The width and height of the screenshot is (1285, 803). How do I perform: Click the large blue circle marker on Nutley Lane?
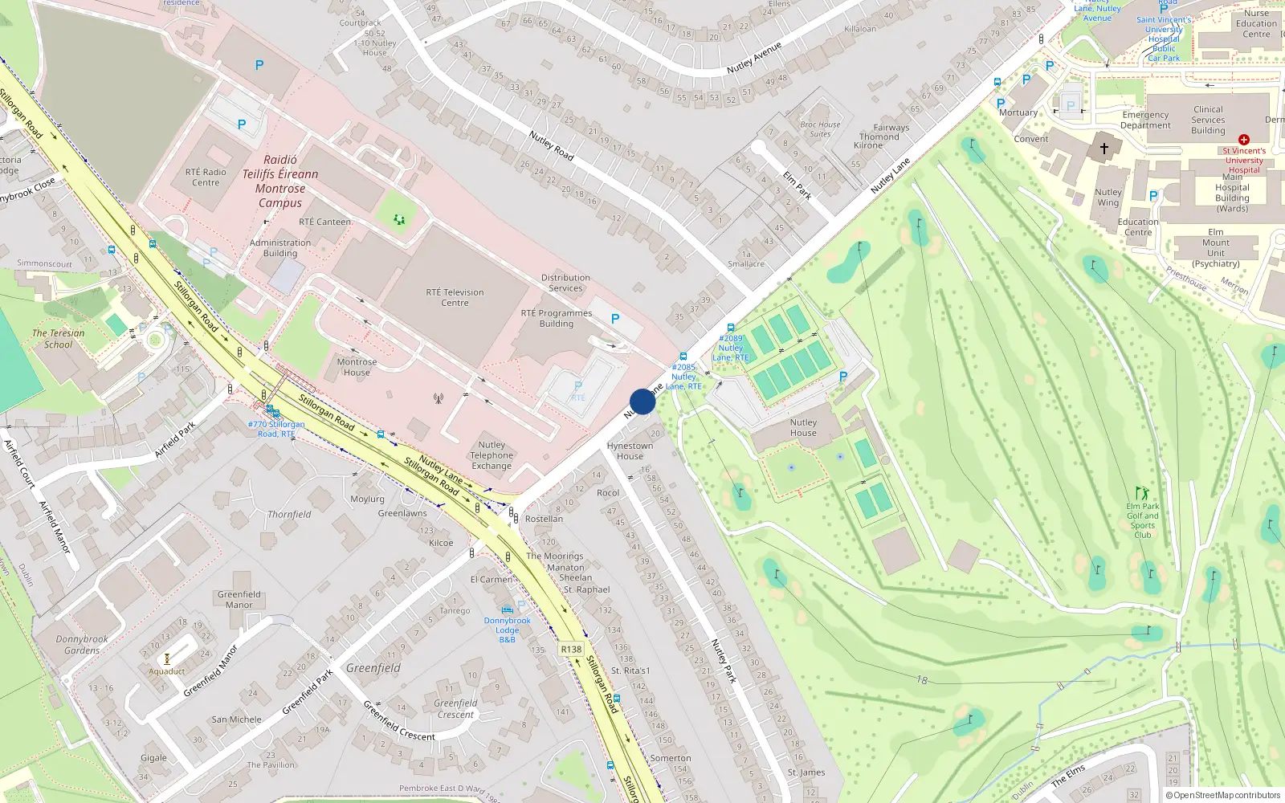coord(642,401)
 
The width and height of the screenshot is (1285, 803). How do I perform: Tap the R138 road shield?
coord(571,650)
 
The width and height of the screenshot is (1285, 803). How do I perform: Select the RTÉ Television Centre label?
coord(455,297)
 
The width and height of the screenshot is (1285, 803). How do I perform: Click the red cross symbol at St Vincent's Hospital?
coord(1243,140)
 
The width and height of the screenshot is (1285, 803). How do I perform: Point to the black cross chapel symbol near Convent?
coord(1103,149)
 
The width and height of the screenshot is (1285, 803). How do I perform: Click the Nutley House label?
coord(802,427)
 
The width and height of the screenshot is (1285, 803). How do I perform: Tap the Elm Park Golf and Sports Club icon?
coord(1141,492)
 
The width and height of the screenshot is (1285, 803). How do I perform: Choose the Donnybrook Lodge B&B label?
coord(507,630)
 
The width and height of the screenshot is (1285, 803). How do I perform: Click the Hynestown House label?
coord(630,450)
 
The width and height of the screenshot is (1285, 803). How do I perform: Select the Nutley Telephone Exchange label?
coord(492,455)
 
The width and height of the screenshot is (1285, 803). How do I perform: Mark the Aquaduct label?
coord(166,671)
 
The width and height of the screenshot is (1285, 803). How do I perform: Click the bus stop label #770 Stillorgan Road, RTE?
coord(276,429)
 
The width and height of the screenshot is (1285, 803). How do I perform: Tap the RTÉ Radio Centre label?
coord(206,177)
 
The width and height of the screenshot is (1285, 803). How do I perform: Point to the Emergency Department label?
coord(1145,120)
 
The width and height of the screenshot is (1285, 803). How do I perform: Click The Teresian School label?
coord(58,338)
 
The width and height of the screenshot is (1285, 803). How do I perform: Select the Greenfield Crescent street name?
coord(399,721)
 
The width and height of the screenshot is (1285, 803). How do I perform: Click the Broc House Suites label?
coord(820,129)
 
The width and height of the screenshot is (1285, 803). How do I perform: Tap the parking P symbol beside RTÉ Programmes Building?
coord(615,319)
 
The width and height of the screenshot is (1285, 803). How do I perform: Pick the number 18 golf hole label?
coord(921,680)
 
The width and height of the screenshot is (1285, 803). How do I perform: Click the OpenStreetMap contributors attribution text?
coord(1224,795)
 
